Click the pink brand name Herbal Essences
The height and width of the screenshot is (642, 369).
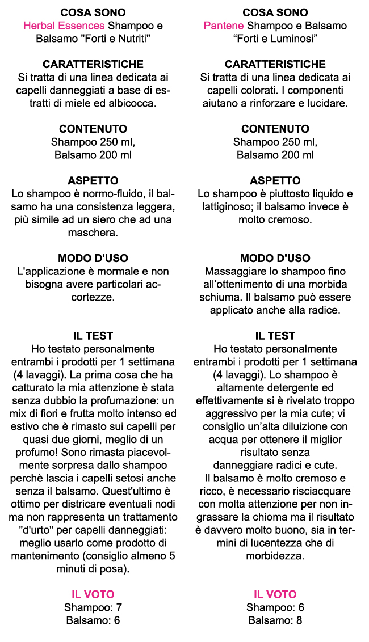point(64,26)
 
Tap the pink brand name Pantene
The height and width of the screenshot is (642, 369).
point(224,26)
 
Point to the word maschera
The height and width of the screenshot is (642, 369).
point(93,233)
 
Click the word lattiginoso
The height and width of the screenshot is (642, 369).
point(234,207)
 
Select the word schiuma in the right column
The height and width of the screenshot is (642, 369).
point(230,297)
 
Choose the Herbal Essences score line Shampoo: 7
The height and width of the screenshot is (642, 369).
point(93,607)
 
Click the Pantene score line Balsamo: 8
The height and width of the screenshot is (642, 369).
point(275,620)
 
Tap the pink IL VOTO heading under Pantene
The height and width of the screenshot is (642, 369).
point(275,594)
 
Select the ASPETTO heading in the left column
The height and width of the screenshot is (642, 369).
point(93,181)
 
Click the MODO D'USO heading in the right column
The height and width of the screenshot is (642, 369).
point(275,259)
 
